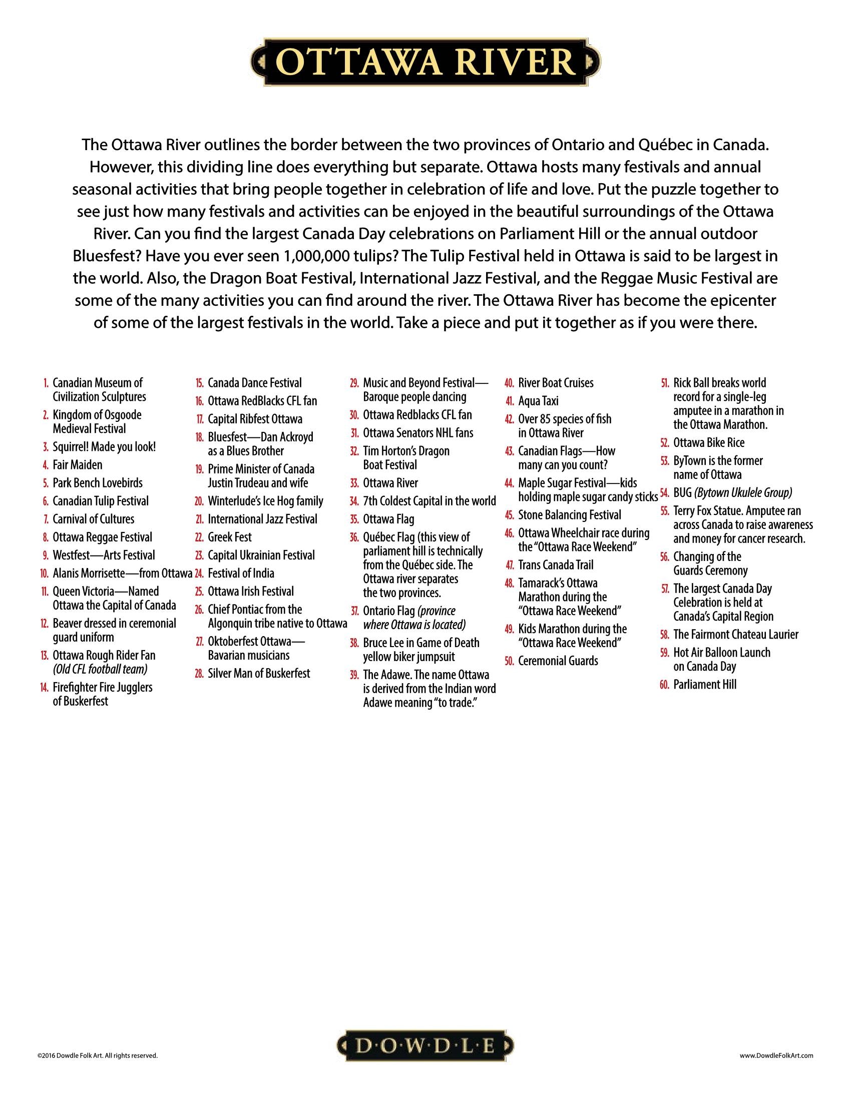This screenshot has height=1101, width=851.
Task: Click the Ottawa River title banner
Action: click(x=425, y=63)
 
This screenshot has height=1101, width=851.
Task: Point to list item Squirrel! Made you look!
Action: click(x=104, y=446)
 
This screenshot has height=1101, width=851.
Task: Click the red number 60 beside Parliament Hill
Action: click(x=664, y=685)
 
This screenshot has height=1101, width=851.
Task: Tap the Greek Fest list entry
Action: click(x=229, y=537)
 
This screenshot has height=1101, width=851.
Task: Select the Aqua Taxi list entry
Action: click(x=538, y=401)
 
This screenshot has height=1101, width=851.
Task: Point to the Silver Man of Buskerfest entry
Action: click(x=259, y=674)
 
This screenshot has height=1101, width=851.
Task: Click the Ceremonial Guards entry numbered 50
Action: click(x=558, y=661)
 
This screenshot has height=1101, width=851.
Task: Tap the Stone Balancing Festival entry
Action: click(x=569, y=515)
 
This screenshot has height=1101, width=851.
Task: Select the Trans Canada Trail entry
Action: click(x=556, y=565)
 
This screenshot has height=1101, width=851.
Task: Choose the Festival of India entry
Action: click(x=241, y=573)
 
